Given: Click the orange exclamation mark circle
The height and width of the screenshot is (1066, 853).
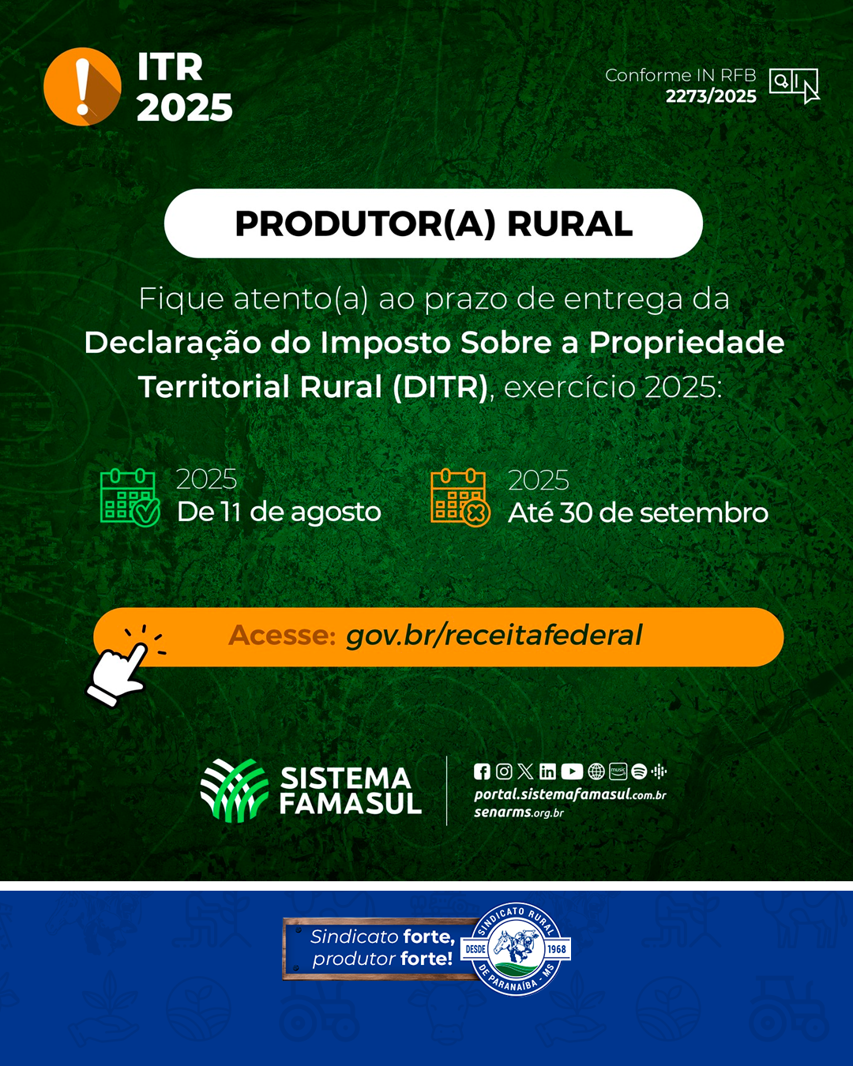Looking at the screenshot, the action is click(x=82, y=86).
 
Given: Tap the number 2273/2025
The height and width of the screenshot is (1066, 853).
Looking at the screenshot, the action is click(x=711, y=96).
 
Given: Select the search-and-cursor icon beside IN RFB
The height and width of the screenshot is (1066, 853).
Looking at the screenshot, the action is click(x=794, y=86).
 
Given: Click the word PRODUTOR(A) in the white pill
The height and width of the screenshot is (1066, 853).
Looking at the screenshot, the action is click(x=365, y=224).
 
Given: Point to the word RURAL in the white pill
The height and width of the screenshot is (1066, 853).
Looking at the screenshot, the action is click(x=570, y=224).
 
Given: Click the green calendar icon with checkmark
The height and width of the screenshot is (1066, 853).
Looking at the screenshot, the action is click(x=130, y=497).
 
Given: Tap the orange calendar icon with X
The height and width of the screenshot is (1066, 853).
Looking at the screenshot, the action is click(x=460, y=497).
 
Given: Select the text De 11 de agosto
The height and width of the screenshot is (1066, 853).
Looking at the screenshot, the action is click(x=279, y=512).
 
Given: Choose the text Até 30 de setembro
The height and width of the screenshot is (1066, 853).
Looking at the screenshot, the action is click(x=638, y=512).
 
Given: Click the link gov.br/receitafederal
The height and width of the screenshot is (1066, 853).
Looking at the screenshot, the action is click(x=494, y=636).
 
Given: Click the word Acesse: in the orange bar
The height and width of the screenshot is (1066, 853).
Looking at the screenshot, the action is click(x=282, y=635).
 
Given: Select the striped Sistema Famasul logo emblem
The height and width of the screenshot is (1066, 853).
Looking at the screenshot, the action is click(x=234, y=790).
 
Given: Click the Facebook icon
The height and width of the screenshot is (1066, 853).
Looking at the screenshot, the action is click(x=482, y=771).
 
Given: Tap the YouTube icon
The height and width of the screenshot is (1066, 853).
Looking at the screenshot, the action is click(x=572, y=771).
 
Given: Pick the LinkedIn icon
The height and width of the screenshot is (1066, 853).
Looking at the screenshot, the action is click(x=547, y=771).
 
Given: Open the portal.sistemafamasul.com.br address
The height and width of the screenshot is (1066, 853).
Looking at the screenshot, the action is click(x=570, y=795).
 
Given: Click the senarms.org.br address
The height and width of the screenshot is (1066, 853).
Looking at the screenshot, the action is click(x=518, y=813).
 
